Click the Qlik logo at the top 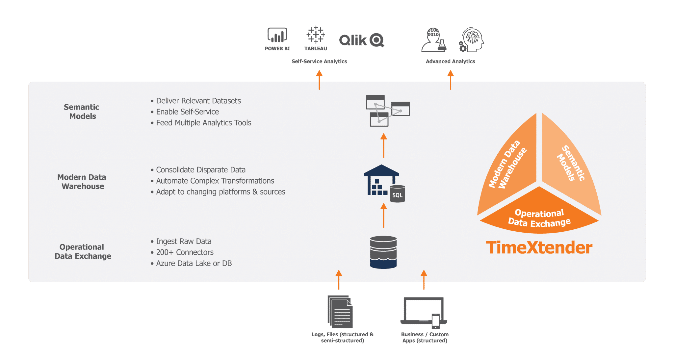(361, 40)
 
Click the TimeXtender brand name (539, 248)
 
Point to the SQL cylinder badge (397, 194)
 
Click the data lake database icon (383, 252)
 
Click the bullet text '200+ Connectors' (185, 252)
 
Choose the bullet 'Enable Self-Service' (187, 112)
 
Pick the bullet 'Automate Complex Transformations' (215, 181)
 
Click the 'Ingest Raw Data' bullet (184, 242)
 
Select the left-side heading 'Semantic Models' (82, 112)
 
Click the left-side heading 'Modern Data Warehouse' (82, 182)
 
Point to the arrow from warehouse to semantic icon (383, 146)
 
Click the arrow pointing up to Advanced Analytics (450, 80)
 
